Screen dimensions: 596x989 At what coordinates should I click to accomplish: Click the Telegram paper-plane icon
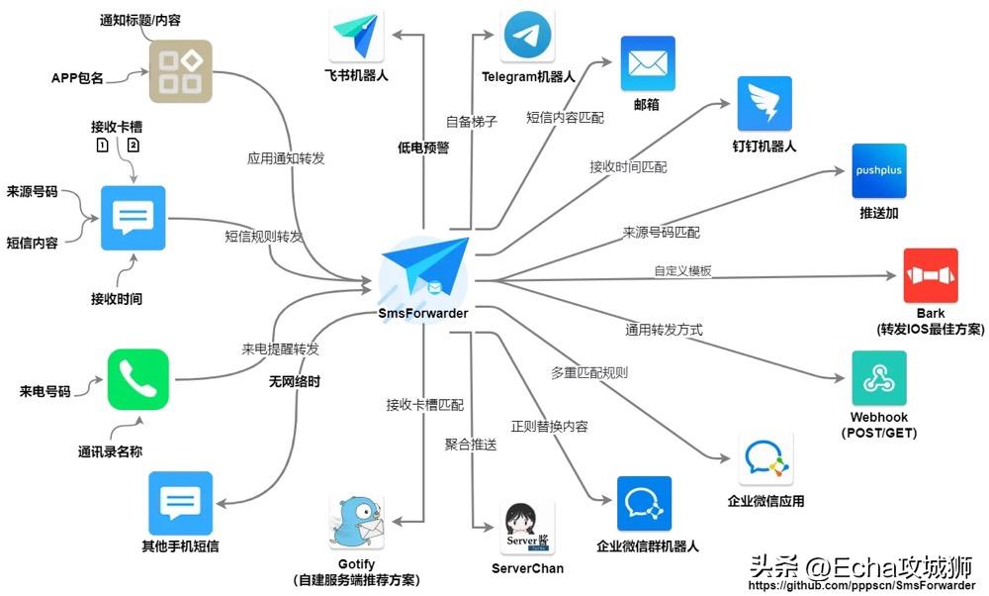click(528, 37)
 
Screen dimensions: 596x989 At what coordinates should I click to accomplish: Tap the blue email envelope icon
click(648, 63)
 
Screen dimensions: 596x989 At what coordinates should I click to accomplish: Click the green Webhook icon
click(878, 377)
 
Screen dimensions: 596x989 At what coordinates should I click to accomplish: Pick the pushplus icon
click(879, 170)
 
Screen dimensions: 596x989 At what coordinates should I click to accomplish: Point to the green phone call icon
click(138, 378)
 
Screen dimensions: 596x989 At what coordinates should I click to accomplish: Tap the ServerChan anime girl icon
click(527, 528)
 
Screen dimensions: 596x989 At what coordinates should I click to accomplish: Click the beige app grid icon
click(180, 71)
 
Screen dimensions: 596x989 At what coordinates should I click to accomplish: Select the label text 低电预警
click(422, 148)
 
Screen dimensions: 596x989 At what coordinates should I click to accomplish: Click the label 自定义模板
click(682, 270)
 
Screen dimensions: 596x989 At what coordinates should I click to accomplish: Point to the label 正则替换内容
click(549, 427)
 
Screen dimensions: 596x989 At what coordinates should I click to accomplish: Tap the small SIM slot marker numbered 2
click(134, 146)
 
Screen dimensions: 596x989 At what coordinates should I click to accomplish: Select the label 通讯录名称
click(110, 452)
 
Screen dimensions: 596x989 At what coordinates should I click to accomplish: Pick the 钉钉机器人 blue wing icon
click(764, 101)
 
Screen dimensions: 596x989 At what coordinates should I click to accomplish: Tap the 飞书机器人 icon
click(356, 38)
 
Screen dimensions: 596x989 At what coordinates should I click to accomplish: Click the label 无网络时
click(294, 380)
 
